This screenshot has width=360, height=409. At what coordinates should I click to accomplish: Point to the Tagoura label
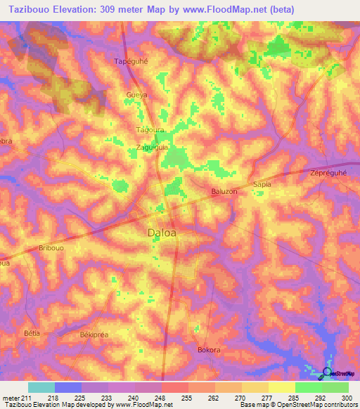click(x=149, y=130)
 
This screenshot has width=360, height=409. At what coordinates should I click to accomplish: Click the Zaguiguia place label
click(x=152, y=147)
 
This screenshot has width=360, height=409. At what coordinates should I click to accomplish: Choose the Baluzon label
click(x=224, y=191)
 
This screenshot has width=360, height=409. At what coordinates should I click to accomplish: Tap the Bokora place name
click(x=210, y=349)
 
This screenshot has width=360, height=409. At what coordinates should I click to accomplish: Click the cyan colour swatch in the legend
click(x=41, y=387)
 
